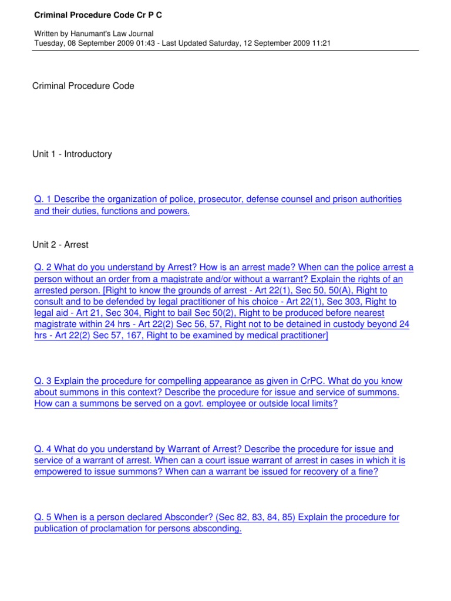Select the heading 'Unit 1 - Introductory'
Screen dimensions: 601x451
coord(72,154)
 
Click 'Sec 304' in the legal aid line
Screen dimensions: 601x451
coord(138,313)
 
